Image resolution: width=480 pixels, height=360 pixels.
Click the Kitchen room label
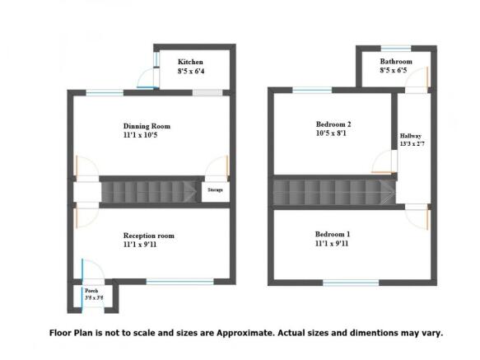click(191, 63)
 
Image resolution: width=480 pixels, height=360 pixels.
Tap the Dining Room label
click(147, 126)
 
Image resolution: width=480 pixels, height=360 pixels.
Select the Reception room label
click(149, 236)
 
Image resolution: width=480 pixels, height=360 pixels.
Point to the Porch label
click(90, 291)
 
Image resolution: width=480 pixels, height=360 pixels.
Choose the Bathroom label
click(396, 62)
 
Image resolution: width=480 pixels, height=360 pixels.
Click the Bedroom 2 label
click(333, 123)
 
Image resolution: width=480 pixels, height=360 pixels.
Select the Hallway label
click(411, 136)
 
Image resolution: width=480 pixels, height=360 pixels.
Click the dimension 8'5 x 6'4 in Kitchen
click(191, 72)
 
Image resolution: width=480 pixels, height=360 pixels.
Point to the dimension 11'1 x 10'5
click(147, 136)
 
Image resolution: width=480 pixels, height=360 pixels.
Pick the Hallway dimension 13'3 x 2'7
click(411, 144)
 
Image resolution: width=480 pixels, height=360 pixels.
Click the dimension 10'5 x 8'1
click(333, 133)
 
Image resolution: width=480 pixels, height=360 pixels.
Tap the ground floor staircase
click(150, 192)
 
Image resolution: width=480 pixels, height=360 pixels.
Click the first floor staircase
click(334, 192)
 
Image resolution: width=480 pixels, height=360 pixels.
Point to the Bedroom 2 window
click(312, 90)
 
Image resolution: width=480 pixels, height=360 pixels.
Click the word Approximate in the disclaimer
click(270, 334)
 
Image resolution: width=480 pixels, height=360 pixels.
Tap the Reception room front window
click(179, 282)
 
